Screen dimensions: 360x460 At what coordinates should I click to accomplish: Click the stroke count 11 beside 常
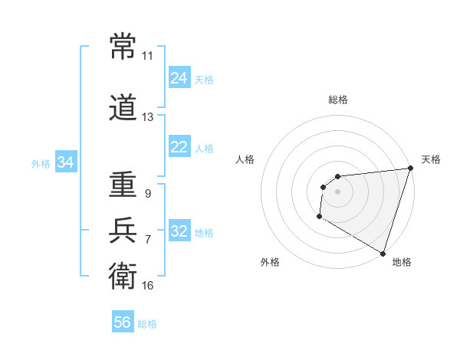pyautogui.click(x=147, y=56)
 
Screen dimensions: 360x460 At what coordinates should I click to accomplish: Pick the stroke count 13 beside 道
pyautogui.click(x=147, y=117)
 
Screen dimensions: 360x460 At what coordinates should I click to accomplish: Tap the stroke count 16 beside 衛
pyautogui.click(x=147, y=286)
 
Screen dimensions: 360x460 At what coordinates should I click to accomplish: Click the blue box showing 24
pyautogui.click(x=179, y=78)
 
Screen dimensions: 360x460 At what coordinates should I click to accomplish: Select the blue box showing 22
pyautogui.click(x=179, y=147)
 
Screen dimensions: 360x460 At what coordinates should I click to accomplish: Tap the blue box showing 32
pyautogui.click(x=179, y=231)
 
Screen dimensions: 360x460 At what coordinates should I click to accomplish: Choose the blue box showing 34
pyautogui.click(x=65, y=162)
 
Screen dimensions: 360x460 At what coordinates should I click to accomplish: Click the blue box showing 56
pyautogui.click(x=122, y=322)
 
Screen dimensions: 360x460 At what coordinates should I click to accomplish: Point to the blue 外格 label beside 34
pyautogui.click(x=41, y=163)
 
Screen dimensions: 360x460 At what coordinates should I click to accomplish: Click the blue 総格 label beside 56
pyautogui.click(x=147, y=324)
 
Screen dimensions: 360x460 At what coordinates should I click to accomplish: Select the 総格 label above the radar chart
pyautogui.click(x=337, y=100)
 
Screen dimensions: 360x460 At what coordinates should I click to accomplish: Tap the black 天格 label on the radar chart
pyautogui.click(x=431, y=159)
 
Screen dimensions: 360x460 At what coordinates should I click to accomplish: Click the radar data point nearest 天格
pyautogui.click(x=410, y=169)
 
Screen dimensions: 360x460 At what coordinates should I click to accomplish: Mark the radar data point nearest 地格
pyautogui.click(x=383, y=253)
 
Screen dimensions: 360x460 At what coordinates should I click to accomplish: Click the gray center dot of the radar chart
pyautogui.click(x=337, y=191)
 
